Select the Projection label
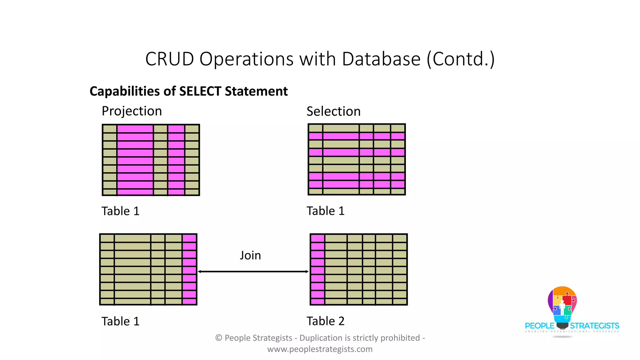[x=132, y=111]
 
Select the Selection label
[x=333, y=111]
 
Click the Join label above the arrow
[x=250, y=255]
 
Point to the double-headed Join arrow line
[x=253, y=272]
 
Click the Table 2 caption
[x=325, y=321]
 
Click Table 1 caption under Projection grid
[x=120, y=211]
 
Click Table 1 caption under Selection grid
[x=325, y=211]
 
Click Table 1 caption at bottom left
[x=120, y=321]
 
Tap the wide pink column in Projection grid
[x=135, y=160]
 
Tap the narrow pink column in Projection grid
[x=176, y=160]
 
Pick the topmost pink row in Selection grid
[x=357, y=136]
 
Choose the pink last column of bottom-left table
[x=189, y=269]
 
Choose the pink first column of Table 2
[x=317, y=269]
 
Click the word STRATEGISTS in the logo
[x=594, y=326]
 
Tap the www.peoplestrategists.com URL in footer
[x=320, y=349]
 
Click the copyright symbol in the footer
[x=219, y=338]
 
